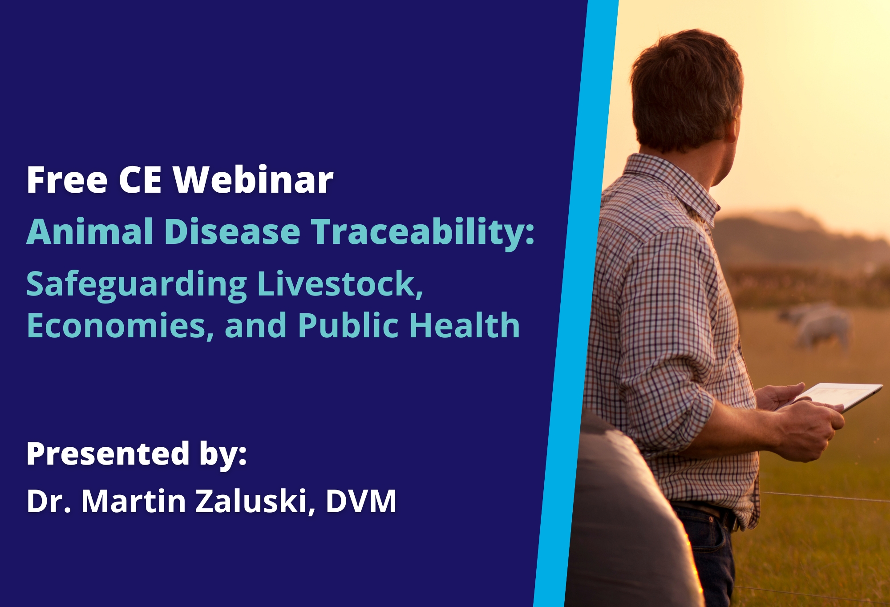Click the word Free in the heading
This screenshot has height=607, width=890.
67,180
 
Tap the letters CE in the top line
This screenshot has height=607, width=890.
140,180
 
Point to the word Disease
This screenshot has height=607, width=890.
232,231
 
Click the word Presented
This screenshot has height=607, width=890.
108,454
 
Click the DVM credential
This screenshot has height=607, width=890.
361,501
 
